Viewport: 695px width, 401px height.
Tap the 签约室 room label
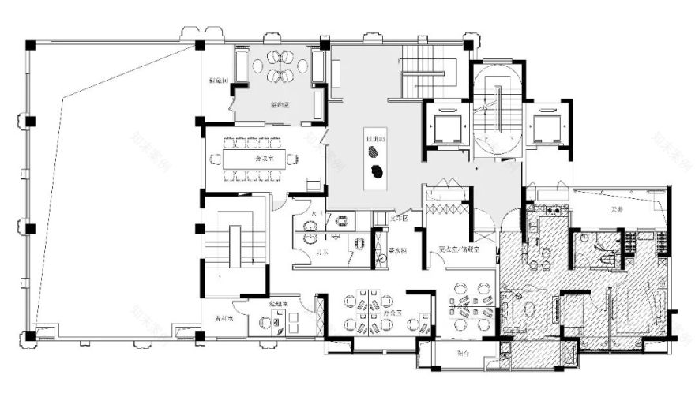coord(281,104)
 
